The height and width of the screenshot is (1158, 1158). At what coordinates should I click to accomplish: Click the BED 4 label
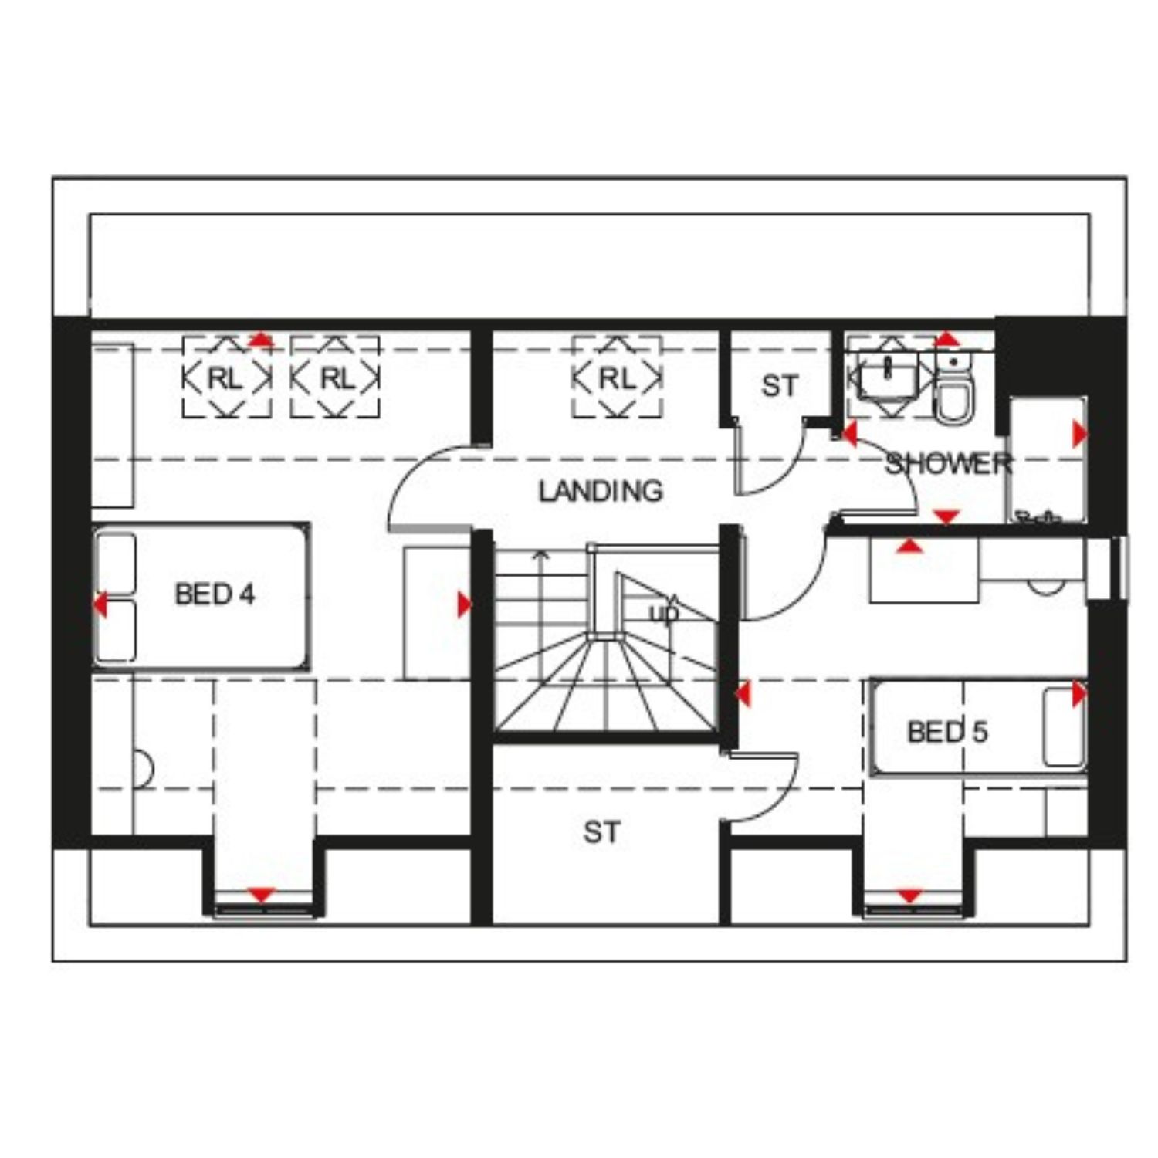(x=215, y=594)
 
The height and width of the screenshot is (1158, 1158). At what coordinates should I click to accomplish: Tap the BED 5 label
(x=946, y=731)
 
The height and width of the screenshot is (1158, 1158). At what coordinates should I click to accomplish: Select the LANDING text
(x=601, y=491)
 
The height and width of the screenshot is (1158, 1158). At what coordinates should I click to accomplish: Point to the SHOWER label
(x=948, y=463)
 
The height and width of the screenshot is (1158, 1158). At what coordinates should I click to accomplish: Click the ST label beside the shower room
(x=779, y=386)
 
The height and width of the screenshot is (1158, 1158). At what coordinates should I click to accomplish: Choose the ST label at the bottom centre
(x=601, y=832)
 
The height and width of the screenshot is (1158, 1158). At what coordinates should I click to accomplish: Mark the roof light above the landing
(x=617, y=378)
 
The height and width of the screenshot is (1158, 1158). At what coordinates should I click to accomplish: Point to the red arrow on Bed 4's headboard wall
(x=100, y=604)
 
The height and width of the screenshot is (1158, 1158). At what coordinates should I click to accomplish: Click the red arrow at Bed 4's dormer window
(x=262, y=896)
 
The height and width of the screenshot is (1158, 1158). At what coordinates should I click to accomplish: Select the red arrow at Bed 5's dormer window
(x=910, y=896)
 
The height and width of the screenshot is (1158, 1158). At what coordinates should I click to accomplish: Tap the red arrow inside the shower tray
(x=1079, y=435)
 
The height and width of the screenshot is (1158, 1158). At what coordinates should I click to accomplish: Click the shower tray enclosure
(x=1048, y=459)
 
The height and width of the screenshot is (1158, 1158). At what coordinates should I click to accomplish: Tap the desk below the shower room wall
(x=924, y=570)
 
